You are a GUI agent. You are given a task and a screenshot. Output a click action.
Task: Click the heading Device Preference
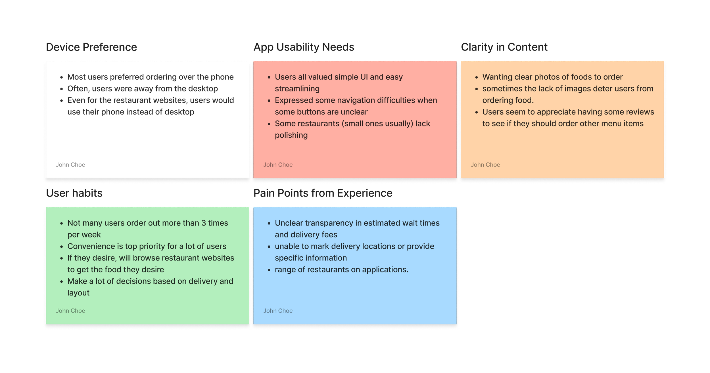click(x=91, y=47)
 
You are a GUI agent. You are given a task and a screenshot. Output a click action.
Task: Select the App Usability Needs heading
click(x=304, y=47)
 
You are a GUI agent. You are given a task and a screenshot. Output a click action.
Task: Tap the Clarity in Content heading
click(x=504, y=47)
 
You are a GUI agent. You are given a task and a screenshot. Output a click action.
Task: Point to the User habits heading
click(x=74, y=193)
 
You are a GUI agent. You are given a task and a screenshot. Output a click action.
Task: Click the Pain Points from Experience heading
click(x=323, y=193)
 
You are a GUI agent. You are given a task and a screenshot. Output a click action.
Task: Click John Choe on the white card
click(x=70, y=165)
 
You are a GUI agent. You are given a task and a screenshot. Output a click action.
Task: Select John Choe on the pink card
click(x=278, y=165)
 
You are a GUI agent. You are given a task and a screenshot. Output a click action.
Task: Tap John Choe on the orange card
click(x=485, y=165)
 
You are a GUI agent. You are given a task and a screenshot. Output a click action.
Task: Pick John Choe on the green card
click(x=70, y=311)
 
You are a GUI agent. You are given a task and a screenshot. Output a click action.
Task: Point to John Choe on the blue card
click(x=278, y=311)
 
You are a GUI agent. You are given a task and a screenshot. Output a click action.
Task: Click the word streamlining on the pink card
click(x=297, y=89)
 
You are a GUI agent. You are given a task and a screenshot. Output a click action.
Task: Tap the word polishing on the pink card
click(x=291, y=135)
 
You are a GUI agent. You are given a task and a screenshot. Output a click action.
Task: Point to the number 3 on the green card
click(x=204, y=223)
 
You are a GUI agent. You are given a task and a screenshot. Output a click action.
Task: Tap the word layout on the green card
click(x=78, y=293)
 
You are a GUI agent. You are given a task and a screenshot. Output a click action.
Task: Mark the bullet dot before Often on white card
click(x=62, y=89)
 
